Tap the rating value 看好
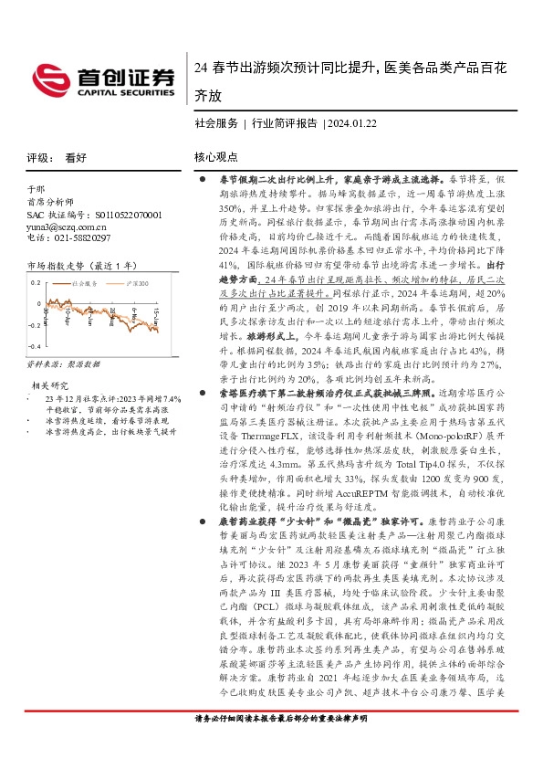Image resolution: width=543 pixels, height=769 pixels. [x=76, y=157]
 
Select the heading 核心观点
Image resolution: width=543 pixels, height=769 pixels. [x=215, y=157]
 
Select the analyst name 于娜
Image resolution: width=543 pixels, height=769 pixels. [x=36, y=193]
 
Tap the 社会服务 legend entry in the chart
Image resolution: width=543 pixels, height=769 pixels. [x=86, y=284]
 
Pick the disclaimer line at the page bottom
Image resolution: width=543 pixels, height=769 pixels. [x=271, y=744]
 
